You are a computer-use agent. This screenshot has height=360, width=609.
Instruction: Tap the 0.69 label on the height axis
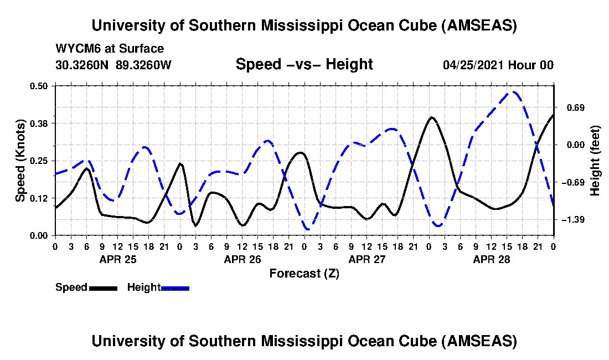pyautogui.click(x=574, y=107)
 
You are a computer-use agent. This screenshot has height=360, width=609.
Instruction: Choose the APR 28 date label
pyautogui.click(x=491, y=259)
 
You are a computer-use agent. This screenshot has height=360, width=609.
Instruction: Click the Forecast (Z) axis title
pyautogui.click(x=304, y=273)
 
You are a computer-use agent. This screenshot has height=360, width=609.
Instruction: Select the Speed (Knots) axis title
pyautogui.click(x=20, y=161)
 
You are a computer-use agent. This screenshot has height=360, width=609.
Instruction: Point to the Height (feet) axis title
pyautogui.click(x=595, y=161)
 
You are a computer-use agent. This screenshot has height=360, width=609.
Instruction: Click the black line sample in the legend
pyautogui.click(x=103, y=288)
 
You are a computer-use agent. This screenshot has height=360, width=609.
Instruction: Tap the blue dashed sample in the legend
pyautogui.click(x=175, y=288)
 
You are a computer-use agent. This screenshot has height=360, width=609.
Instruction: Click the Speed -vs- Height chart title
pyautogui.click(x=304, y=64)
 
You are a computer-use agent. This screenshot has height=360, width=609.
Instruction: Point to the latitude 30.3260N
pyautogui.click(x=84, y=65)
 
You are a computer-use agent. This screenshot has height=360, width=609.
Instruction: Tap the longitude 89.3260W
pyautogui.click(x=144, y=65)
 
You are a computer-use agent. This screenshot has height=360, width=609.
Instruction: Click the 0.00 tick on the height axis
pyautogui.click(x=574, y=145)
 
